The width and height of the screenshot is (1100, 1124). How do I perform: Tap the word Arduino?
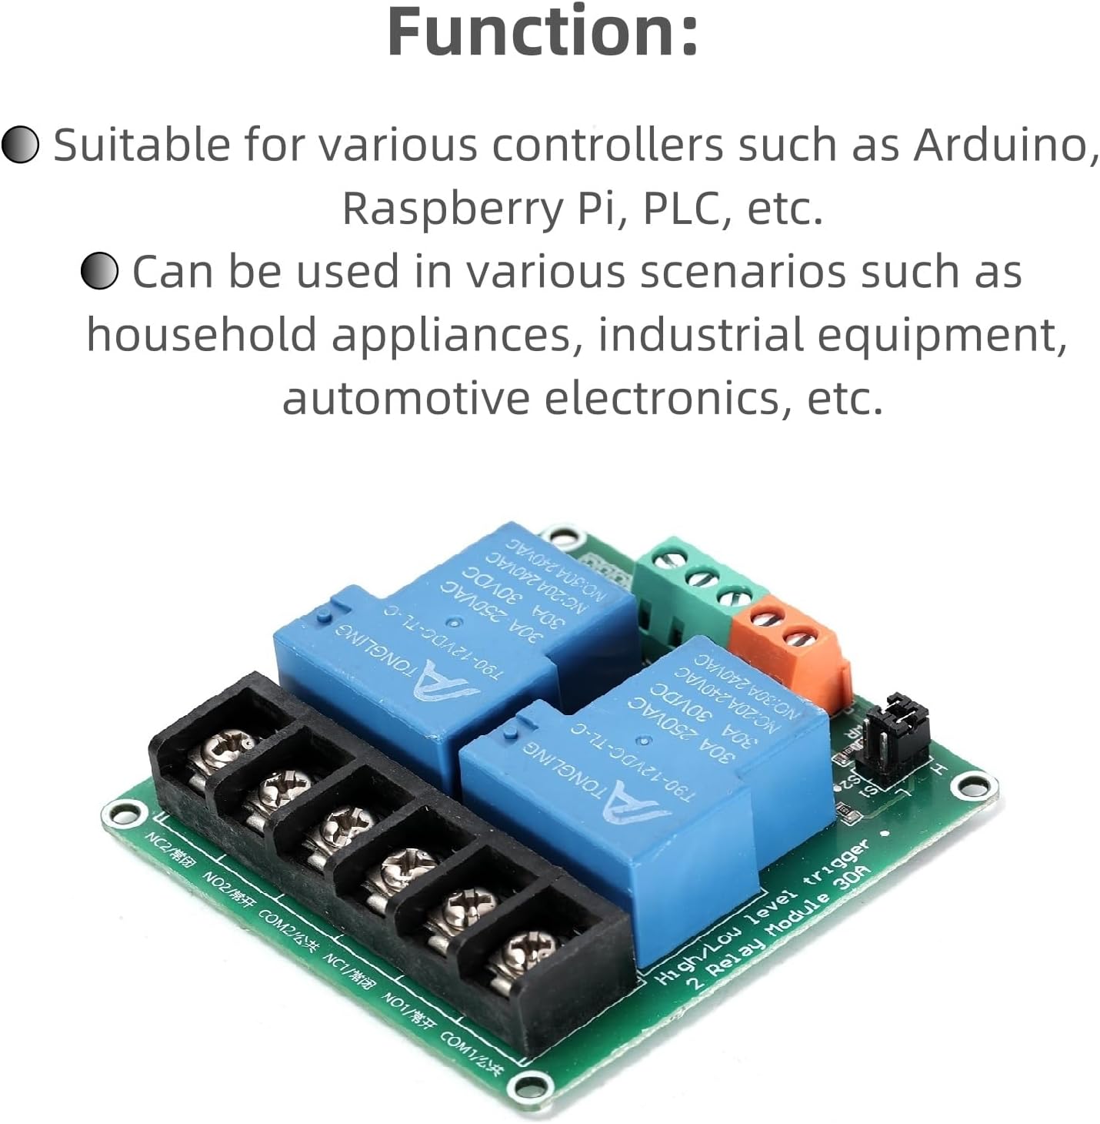[1005, 145]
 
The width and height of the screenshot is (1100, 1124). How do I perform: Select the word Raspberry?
[451, 208]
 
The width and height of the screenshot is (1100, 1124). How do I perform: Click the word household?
[201, 335]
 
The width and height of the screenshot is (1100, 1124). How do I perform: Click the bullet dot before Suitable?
[20, 145]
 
